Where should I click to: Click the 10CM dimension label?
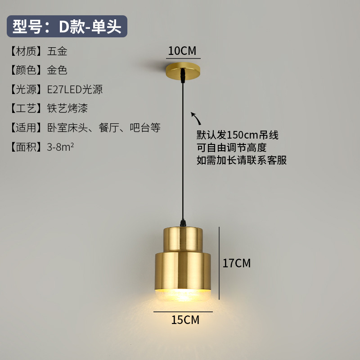coord(182,51)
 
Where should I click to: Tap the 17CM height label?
coord(237,263)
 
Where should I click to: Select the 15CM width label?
coord(185,320)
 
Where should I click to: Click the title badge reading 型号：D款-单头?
coord(67,27)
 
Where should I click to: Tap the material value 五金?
coord(57,51)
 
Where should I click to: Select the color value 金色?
coord(57,70)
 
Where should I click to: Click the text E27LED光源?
coord(75,90)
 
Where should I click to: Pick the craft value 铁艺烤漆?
coord(67,108)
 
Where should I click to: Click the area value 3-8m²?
coord(60,147)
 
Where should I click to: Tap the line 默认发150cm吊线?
coord(238,135)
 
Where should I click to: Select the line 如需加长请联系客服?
coord(242,160)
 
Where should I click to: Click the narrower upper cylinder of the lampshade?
coord(183,238)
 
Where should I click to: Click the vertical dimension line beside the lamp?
coord(219,263)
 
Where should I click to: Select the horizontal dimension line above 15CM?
coord(183,311)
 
